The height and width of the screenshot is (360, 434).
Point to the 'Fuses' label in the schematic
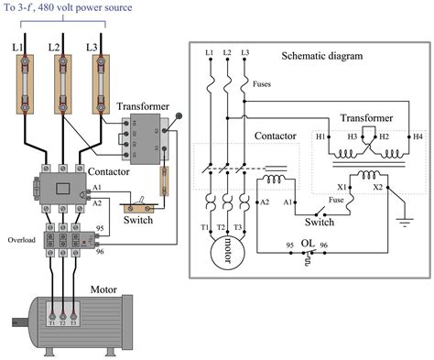click(x=264, y=84)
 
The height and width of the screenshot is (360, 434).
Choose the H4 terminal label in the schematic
click(x=418, y=136)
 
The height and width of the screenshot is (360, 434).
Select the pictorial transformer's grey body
click(x=148, y=136)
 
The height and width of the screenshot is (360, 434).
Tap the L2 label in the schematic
click(x=226, y=53)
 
